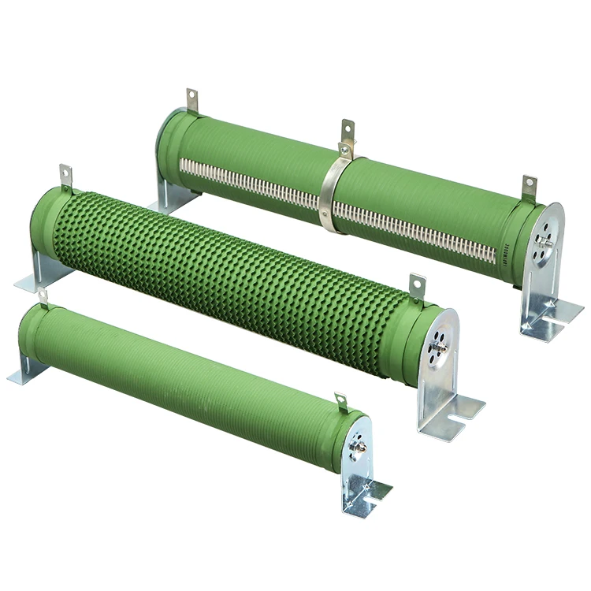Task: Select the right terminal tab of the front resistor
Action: (x=340, y=403)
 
